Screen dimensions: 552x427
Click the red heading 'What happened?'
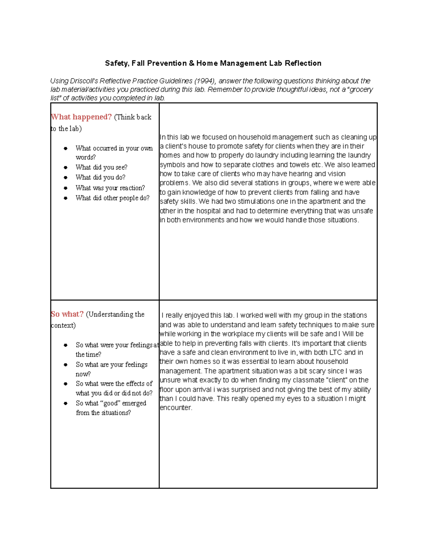pos(81,117)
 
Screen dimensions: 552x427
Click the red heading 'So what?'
pos(67,314)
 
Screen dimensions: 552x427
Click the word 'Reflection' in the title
pos(303,63)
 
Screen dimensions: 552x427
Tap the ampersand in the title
pos(191,63)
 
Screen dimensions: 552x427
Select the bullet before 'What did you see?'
pos(65,167)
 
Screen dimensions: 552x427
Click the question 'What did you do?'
pos(100,177)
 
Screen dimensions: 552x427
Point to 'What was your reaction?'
pos(110,188)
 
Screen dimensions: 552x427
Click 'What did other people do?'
pos(112,198)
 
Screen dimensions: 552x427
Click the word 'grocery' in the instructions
pos(361,90)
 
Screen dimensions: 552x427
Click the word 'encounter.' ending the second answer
pos(176,408)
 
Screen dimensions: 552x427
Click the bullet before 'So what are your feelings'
pos(65,365)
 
